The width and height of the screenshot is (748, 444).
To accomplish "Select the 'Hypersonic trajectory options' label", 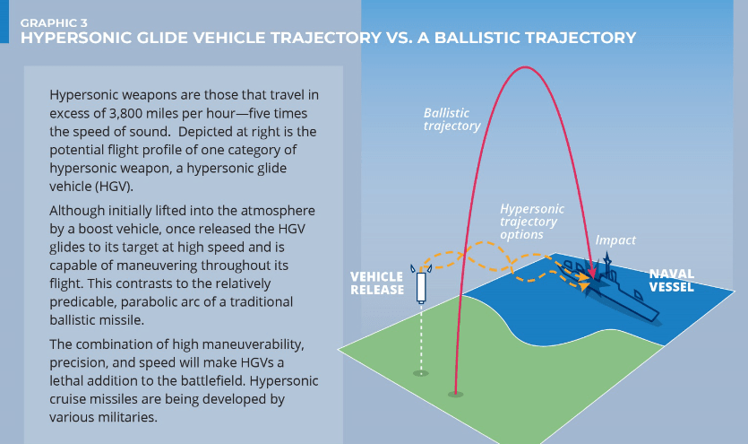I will [529, 221].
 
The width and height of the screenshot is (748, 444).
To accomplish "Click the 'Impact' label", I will [615, 240].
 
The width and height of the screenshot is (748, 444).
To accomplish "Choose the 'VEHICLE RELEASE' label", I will [376, 283].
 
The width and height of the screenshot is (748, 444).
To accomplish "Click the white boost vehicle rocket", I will [420, 287].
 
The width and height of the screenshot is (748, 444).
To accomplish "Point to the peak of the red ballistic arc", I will [520, 67].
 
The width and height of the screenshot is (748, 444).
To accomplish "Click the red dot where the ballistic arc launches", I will [456, 393].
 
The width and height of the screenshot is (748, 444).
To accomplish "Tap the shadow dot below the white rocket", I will [420, 372].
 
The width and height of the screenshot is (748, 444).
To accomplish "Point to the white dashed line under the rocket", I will [420, 336].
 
